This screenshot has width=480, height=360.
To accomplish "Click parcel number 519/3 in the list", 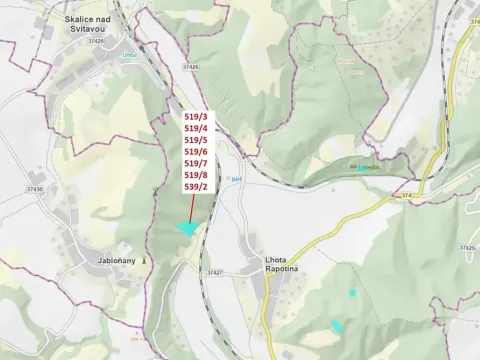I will [x=196, y=116].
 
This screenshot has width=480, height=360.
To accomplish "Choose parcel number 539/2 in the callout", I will [x=196, y=186].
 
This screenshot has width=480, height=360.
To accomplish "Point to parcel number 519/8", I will [x=196, y=174].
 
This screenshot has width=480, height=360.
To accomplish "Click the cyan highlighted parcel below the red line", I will [x=186, y=229].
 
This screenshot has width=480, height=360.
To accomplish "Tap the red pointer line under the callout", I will [x=191, y=208].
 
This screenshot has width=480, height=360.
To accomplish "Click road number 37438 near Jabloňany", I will [x=35, y=188].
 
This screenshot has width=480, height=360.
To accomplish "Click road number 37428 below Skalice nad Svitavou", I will [x=95, y=41].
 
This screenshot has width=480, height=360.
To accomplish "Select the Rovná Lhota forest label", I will [x=344, y=66].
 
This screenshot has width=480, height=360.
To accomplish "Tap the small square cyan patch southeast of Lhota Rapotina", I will [x=352, y=293].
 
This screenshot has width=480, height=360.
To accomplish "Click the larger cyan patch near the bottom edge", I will [x=338, y=326].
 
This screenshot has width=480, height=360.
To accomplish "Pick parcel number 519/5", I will [x=196, y=140].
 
